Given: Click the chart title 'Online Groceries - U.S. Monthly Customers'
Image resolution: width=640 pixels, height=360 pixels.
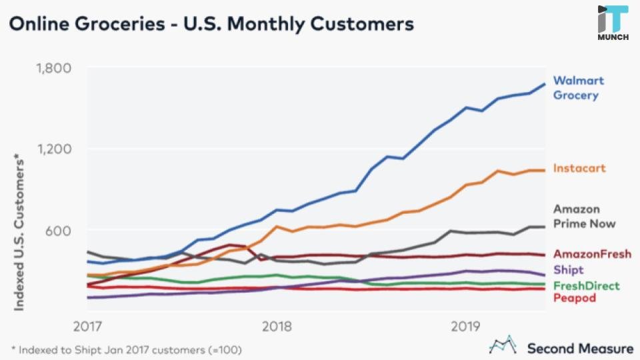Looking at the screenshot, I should pyautogui.click(x=211, y=25).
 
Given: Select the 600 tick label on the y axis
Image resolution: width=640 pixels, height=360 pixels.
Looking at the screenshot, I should pyautogui.click(x=58, y=231).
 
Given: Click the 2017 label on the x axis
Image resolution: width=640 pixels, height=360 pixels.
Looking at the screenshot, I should pyautogui.click(x=87, y=327).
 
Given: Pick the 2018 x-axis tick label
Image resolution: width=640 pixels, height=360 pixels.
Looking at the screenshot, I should pyautogui.click(x=277, y=327).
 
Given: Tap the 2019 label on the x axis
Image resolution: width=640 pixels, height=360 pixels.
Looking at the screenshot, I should pyautogui.click(x=467, y=327).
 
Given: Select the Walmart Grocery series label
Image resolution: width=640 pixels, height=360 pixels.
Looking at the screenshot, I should pyautogui.click(x=578, y=87).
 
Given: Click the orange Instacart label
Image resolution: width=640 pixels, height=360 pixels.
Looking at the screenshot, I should pyautogui.click(x=579, y=168).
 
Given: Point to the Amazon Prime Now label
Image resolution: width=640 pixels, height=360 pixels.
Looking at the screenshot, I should pyautogui.click(x=584, y=217).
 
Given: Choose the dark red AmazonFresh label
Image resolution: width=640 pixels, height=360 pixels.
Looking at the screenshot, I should pyautogui.click(x=592, y=254).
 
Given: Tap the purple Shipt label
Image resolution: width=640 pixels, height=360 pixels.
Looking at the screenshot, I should pyautogui.click(x=568, y=270).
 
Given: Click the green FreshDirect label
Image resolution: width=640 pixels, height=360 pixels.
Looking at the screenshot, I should pyautogui.click(x=587, y=286).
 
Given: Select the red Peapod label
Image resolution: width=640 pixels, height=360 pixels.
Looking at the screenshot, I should pyautogui.click(x=574, y=298).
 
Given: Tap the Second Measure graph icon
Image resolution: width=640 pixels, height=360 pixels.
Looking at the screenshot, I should pyautogui.click(x=504, y=345).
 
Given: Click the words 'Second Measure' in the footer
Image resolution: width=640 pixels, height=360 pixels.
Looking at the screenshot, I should pyautogui.click(x=580, y=348).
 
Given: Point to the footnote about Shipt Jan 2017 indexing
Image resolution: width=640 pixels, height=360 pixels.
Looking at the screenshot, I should pyautogui.click(x=127, y=349).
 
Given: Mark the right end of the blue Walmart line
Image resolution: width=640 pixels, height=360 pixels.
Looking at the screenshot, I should pyautogui.click(x=545, y=84).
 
